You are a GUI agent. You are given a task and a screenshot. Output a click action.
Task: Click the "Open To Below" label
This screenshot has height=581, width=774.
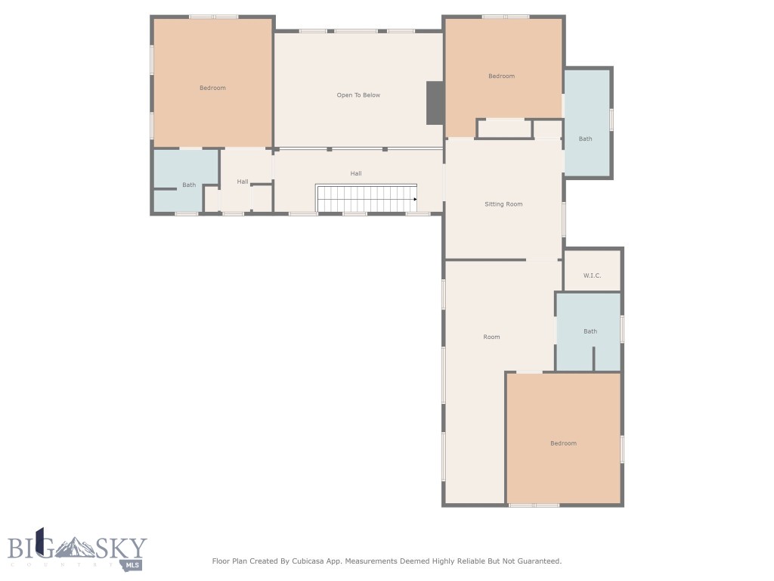[x=358, y=95]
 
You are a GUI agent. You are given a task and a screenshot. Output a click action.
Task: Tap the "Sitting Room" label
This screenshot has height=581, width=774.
[x=503, y=204]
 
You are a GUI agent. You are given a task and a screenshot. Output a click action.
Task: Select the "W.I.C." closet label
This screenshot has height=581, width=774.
[x=592, y=275]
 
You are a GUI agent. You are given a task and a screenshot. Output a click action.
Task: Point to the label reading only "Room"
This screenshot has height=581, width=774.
[x=491, y=337]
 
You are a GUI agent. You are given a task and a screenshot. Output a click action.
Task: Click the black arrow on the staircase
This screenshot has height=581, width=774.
[x=415, y=199]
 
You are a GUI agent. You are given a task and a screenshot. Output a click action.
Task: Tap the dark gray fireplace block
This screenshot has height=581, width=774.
[x=435, y=103]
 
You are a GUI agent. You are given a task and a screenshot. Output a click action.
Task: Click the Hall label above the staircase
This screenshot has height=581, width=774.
[x=356, y=173]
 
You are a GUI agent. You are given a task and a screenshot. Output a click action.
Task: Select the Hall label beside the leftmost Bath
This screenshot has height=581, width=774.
[x=243, y=182]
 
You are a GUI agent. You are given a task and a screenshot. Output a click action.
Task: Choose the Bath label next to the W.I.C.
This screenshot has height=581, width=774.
[x=590, y=331]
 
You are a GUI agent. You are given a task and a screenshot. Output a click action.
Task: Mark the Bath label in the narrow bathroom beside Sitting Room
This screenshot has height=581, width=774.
[x=586, y=138]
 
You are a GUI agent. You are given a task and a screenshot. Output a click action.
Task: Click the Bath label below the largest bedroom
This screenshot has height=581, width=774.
[x=189, y=185]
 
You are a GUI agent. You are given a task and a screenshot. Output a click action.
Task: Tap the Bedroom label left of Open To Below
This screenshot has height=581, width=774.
[x=212, y=88]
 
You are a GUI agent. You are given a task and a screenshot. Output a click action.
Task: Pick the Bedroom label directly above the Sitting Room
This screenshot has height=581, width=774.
[x=501, y=76]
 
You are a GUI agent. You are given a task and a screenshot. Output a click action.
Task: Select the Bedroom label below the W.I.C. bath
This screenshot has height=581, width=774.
[x=563, y=443]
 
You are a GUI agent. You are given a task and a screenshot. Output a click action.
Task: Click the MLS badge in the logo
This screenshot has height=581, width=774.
[x=133, y=564]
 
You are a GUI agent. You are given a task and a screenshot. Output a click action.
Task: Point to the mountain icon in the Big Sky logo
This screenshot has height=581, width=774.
[x=76, y=546]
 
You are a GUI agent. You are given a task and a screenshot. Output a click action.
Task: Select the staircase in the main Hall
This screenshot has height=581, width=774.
[x=367, y=199]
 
